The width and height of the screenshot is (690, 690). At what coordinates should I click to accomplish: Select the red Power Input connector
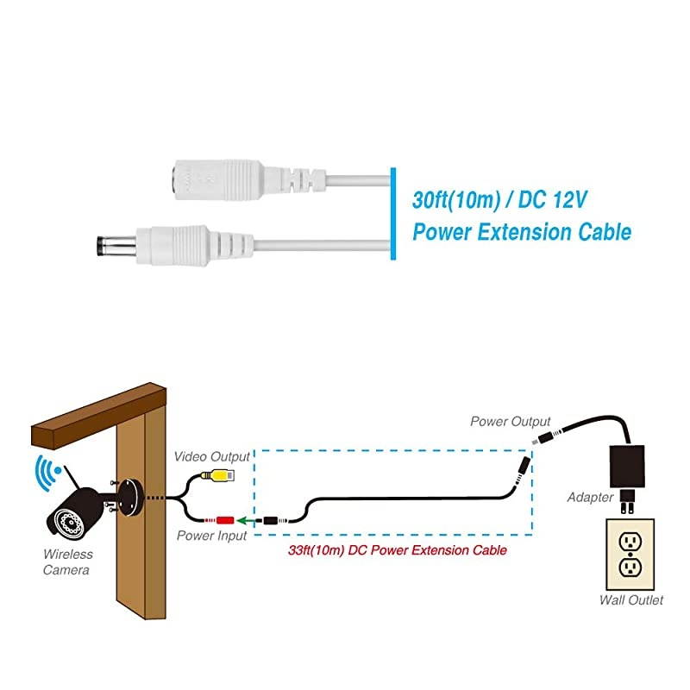tap(226, 520)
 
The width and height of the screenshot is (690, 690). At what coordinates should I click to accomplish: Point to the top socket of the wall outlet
tap(630, 541)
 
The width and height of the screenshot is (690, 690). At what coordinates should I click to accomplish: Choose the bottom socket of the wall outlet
tap(630, 568)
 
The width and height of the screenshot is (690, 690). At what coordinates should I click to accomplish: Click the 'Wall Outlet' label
tap(631, 600)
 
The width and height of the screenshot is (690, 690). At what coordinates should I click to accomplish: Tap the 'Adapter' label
tap(590, 498)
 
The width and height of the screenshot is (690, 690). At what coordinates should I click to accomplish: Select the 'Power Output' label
tap(510, 422)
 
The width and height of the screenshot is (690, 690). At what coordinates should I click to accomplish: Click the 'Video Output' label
tap(211, 455)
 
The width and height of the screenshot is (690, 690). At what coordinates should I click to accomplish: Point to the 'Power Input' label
tap(211, 536)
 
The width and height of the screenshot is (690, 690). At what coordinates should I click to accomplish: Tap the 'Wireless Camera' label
tap(68, 562)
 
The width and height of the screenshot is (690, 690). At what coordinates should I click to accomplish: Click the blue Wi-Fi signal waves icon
tap(43, 473)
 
